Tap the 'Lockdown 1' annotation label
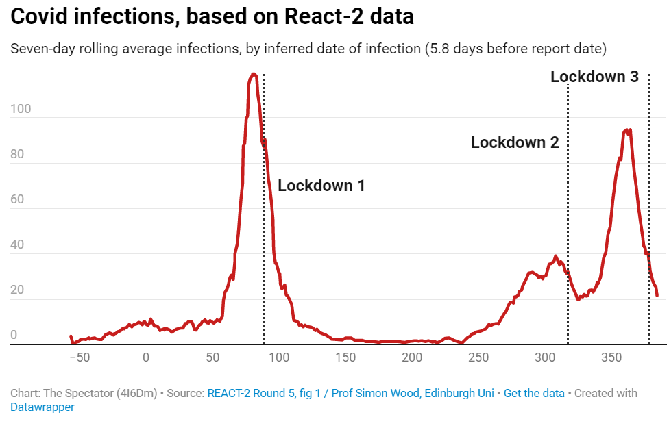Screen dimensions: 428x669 tap(321, 185)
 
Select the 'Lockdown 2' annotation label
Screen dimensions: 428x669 tap(514, 142)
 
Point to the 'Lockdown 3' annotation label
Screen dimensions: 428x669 tap(594, 77)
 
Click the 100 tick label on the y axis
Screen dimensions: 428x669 tap(17, 110)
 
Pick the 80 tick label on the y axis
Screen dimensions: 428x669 tap(17, 155)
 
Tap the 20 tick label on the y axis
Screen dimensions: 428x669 tap(17, 290)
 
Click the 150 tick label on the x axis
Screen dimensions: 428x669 tap(346, 357)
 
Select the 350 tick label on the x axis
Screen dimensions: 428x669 tap(613, 357)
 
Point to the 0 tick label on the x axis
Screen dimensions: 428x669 tap(146, 357)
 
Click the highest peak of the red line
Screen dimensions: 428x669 tap(254, 74)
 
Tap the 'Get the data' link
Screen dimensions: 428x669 tap(534, 393)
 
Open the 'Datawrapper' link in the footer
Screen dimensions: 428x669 tap(42, 407)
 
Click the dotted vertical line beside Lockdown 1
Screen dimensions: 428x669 tap(265, 205)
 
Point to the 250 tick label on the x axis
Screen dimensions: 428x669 tap(479, 357)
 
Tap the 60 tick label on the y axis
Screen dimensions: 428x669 tap(17, 200)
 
